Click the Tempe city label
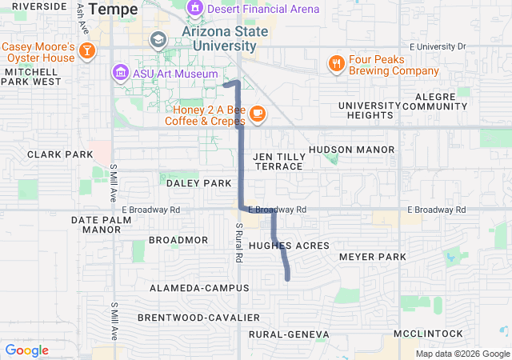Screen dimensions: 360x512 pos(116,9)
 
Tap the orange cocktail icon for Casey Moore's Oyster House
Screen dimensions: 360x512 pos(87,52)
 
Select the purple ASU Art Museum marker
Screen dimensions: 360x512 pos(120,73)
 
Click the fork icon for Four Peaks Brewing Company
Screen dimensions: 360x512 pos(336,63)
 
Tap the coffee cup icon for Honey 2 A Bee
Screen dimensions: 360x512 pos(257,114)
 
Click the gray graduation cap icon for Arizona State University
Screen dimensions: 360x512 pos(158,39)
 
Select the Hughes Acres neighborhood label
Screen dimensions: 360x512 pos(289,246)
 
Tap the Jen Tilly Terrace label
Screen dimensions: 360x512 pos(278,161)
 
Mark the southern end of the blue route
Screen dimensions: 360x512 pos(288,278)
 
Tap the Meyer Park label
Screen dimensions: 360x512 pos(373,257)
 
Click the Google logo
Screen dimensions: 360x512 pos(26,350)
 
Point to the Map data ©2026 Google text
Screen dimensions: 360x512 pos(462,354)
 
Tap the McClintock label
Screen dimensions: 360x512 pos(428,334)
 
